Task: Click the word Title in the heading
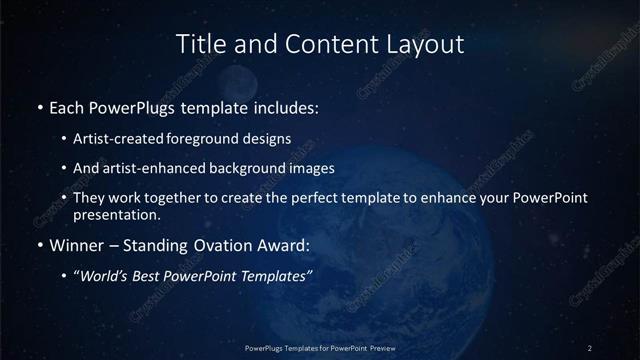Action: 198,44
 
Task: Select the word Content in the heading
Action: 322,44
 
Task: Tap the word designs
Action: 268,139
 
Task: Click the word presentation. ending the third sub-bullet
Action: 116,214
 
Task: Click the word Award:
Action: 283,244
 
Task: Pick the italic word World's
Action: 104,276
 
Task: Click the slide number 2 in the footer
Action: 590,347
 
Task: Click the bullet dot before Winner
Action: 39,245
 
